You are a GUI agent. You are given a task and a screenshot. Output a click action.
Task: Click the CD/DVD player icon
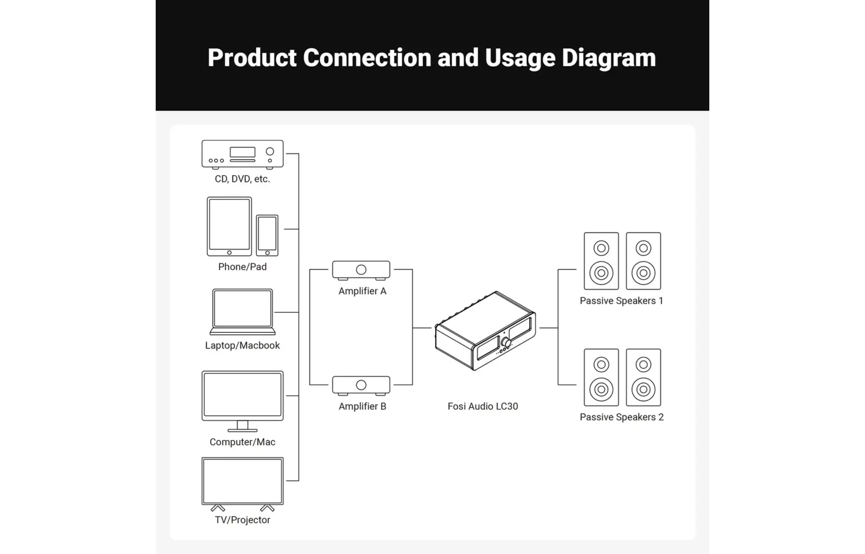pos(243,155)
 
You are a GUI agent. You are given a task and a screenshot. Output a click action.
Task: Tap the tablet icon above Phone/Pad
pos(229,226)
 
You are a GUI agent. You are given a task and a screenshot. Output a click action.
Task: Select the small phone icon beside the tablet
pos(267,235)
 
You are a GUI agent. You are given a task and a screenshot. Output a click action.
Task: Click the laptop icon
pos(243,312)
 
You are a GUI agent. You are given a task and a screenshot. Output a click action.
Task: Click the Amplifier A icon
pos(361,270)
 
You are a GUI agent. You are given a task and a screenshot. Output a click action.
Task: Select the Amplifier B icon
pos(361,385)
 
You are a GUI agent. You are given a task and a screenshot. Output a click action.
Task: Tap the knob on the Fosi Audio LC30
pos(506,343)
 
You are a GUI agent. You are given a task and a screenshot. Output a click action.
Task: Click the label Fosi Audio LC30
pos(483,406)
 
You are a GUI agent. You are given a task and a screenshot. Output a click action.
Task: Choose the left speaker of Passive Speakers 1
pos(601,261)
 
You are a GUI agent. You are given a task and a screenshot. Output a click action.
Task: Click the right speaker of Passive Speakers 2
pos(644,377)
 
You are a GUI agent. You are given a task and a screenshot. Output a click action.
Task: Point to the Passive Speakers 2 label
pos(622,417)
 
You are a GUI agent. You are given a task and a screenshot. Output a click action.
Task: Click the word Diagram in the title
pos(609,58)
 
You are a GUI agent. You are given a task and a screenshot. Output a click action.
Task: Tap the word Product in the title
pos(252,58)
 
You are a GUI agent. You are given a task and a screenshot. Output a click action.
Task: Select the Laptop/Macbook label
pos(242,345)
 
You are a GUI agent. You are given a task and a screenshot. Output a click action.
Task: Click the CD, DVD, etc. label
pos(242,179)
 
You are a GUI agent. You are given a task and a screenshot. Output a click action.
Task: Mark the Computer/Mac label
pos(242,442)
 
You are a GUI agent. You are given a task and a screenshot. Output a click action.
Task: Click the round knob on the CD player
pos(270,151)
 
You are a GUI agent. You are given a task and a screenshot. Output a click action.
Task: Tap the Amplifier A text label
pos(362,291)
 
